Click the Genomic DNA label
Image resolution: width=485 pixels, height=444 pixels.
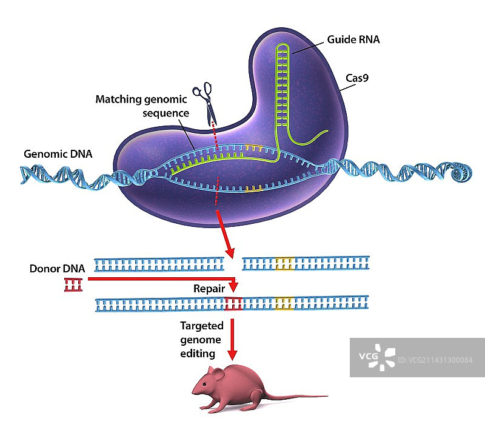[x=58, y=154]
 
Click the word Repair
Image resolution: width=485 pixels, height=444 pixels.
[x=209, y=289]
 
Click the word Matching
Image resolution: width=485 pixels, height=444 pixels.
[x=118, y=99]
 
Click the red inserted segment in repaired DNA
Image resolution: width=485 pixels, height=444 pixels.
[x=233, y=304]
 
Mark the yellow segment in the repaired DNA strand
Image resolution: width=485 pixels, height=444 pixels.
[x=284, y=304]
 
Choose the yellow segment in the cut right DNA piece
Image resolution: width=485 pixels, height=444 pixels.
[x=284, y=263]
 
